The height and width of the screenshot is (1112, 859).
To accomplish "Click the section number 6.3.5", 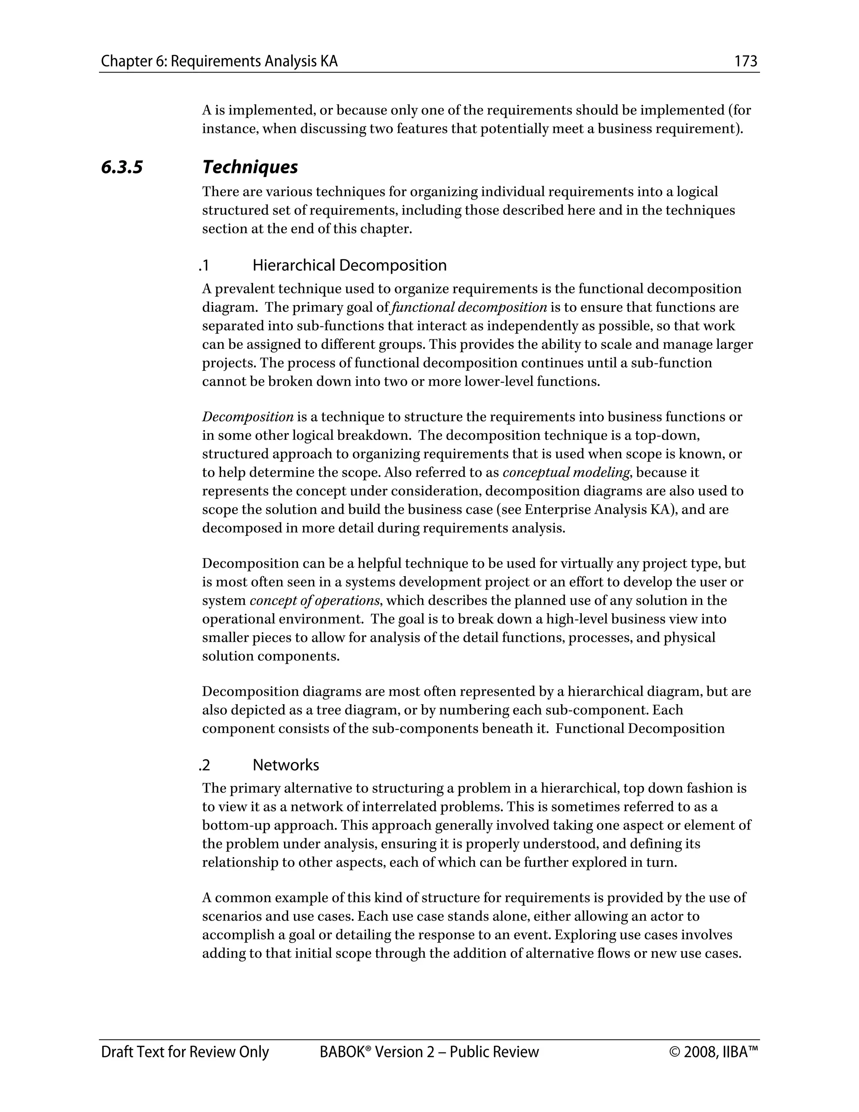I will (x=122, y=167).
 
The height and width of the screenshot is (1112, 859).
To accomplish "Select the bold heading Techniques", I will (x=250, y=167).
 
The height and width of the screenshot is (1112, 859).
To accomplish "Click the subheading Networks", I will (x=286, y=765).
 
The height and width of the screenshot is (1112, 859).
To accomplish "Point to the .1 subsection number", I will (x=204, y=265).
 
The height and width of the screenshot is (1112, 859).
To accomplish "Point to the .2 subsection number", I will (x=205, y=765).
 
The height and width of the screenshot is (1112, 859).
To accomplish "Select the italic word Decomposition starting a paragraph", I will (x=247, y=417).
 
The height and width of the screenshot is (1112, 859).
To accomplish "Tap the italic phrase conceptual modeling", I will (x=566, y=472).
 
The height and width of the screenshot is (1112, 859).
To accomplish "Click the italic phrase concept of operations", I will (x=315, y=601).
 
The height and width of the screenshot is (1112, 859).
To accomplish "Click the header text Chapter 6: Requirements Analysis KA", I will (x=219, y=62).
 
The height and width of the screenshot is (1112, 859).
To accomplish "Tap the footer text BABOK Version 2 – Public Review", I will (x=429, y=1052).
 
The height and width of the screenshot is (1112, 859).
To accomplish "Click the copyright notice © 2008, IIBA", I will (x=713, y=1052).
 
